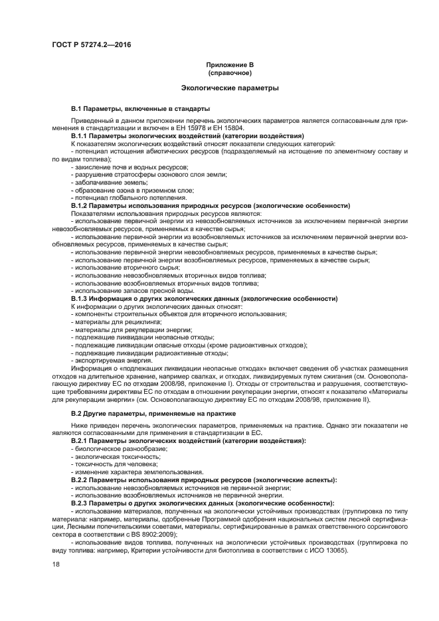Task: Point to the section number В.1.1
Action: (81, 135)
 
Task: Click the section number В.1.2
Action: (81, 206)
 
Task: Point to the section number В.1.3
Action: (81, 298)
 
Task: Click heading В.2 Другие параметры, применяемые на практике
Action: (144, 414)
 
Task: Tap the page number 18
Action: (55, 565)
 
